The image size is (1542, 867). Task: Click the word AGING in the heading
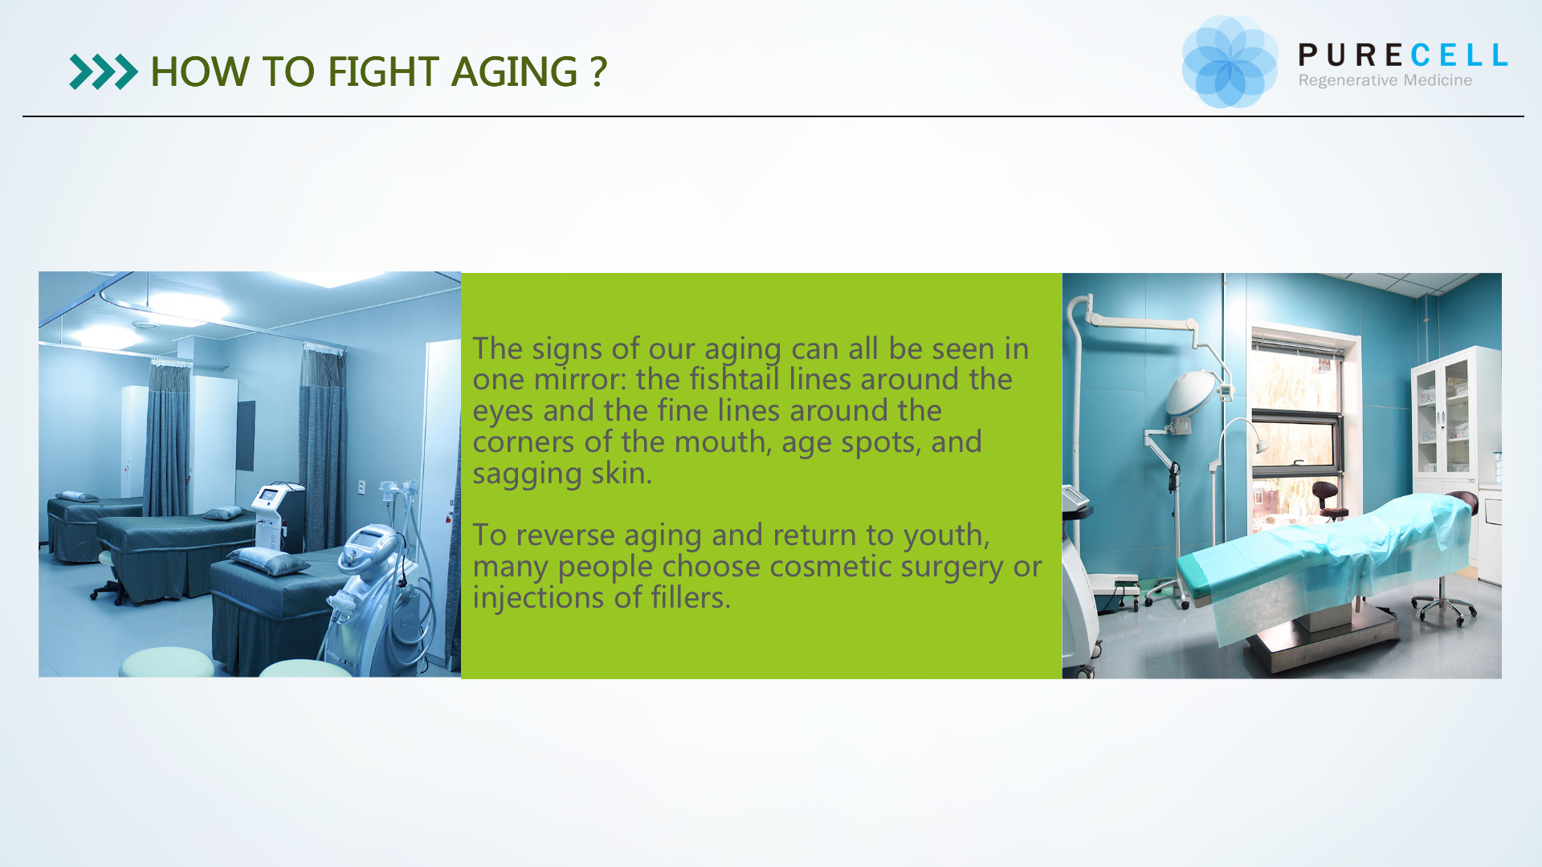point(515,71)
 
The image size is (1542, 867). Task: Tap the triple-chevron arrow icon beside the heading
point(104,72)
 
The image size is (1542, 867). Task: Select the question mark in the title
point(598,71)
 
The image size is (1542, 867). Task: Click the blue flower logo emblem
point(1230,62)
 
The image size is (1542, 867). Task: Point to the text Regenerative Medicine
point(1385,81)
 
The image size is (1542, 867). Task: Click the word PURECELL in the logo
point(1403,55)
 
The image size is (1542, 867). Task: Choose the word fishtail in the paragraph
point(734,379)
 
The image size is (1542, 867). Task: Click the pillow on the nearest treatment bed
point(268,560)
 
